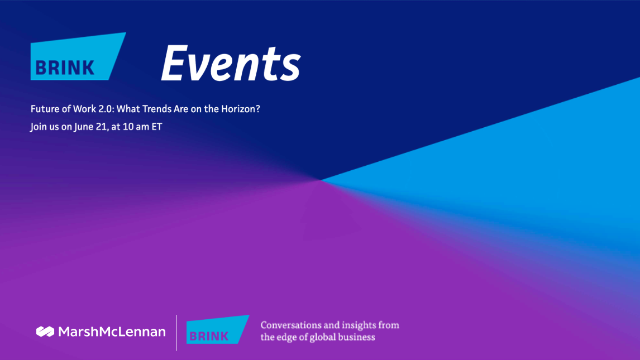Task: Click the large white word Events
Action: pyautogui.click(x=231, y=64)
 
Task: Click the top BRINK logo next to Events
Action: pyautogui.click(x=78, y=56)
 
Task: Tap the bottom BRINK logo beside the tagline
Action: pyautogui.click(x=218, y=329)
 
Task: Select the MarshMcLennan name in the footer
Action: pyautogui.click(x=112, y=332)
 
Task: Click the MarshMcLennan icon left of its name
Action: pyautogui.click(x=45, y=332)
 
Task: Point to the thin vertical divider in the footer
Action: pyautogui.click(x=176, y=333)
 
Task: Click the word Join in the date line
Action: pyautogui.click(x=39, y=127)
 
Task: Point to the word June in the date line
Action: pyautogui.click(x=84, y=127)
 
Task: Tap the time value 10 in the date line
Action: pyautogui.click(x=128, y=127)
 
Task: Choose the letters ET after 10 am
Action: pyautogui.click(x=157, y=127)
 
